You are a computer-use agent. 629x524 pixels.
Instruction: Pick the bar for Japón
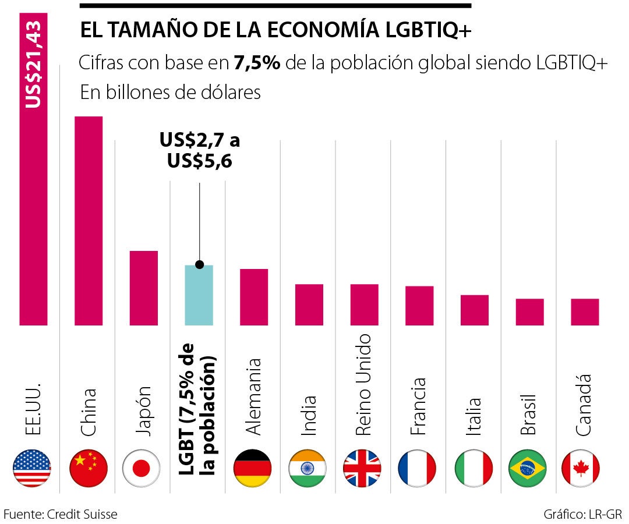[x=144, y=288]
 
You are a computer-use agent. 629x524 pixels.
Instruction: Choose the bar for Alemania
[x=254, y=297]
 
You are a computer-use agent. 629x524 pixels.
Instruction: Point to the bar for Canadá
[x=585, y=311]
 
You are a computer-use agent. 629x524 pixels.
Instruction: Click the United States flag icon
[x=32, y=469]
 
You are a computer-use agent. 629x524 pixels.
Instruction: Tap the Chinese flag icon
[x=88, y=469]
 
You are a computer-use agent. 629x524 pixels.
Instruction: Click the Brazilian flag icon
[x=528, y=469]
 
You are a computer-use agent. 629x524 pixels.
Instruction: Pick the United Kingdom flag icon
[x=362, y=469]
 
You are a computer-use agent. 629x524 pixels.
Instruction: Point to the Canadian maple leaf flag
[x=581, y=469]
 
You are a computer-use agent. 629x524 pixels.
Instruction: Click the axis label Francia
[x=418, y=406]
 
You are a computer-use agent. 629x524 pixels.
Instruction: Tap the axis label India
[x=308, y=415]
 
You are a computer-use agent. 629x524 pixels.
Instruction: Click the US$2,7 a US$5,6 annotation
[x=200, y=151]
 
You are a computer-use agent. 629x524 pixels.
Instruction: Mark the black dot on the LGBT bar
[x=199, y=265]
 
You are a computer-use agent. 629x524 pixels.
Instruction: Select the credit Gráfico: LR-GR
[x=582, y=514]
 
